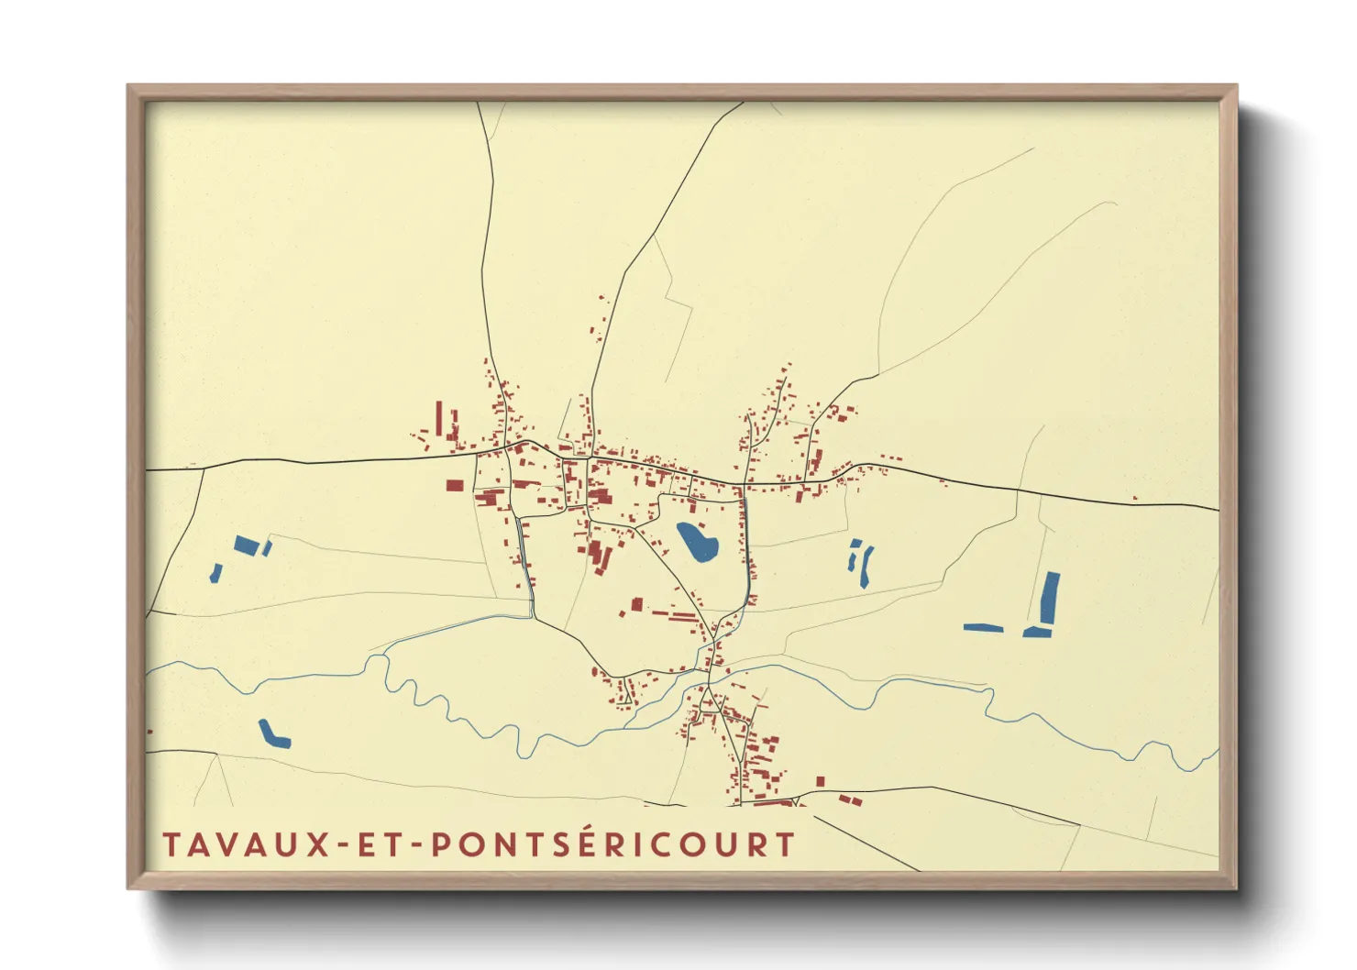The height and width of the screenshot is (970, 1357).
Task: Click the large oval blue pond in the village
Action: [697, 541]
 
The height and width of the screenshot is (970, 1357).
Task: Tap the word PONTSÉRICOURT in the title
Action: [612, 845]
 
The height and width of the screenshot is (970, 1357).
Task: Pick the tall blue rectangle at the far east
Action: [1050, 597]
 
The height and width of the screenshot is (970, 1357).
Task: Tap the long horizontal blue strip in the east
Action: [983, 628]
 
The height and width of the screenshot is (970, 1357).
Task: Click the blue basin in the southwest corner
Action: [272, 733]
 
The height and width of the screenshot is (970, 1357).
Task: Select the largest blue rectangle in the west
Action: [246, 545]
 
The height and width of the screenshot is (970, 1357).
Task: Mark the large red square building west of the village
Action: [455, 485]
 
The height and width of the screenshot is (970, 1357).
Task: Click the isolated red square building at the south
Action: [821, 781]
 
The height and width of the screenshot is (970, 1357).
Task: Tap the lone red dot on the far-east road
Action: [1135, 499]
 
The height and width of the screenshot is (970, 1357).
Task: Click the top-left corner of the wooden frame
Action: [129, 87]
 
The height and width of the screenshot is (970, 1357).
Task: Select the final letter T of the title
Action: [785, 845]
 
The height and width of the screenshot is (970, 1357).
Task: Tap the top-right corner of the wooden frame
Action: [1235, 87]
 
